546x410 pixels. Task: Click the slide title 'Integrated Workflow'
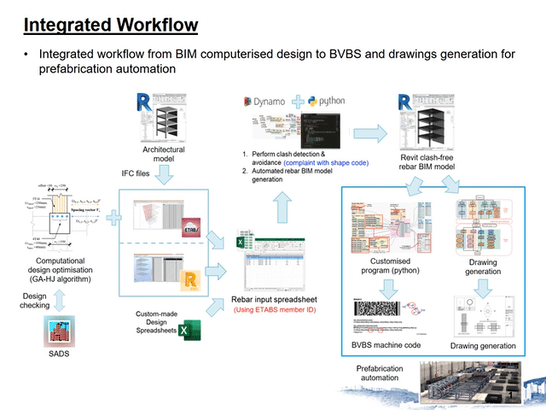[110, 25]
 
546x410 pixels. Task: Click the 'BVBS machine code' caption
[385, 345]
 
